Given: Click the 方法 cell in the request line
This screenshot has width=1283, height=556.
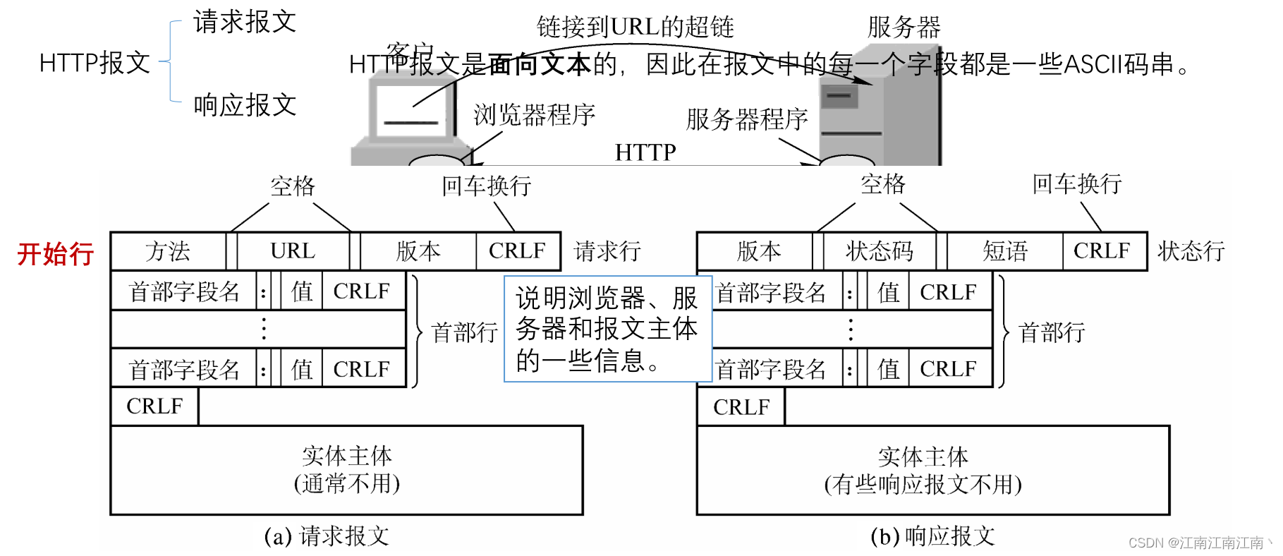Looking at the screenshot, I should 168,251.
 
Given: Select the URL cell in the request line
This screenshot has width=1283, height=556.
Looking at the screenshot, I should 293,251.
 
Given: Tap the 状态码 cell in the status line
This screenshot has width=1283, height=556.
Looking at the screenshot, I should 879,251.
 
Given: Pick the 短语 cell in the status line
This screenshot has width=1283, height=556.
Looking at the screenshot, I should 1005,251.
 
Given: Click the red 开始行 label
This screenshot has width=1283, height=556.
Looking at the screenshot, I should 56,254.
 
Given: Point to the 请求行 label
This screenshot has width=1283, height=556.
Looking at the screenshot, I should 607,251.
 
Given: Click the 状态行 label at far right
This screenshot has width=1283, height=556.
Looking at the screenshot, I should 1191,251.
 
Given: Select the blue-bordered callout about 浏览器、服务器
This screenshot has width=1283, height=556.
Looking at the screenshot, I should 607,329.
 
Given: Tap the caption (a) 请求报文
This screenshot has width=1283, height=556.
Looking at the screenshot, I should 327,536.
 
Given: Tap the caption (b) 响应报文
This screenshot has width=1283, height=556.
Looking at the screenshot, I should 932,536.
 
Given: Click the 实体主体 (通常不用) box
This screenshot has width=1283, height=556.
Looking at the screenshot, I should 346,470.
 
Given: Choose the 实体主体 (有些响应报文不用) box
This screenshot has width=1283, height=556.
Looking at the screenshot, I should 932,470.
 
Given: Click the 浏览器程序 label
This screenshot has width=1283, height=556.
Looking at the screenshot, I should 534,115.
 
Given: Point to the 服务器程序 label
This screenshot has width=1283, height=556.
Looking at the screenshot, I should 746,119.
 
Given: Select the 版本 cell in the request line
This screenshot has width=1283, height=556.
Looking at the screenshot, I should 418,251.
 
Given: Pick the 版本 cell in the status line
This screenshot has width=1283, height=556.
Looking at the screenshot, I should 758,251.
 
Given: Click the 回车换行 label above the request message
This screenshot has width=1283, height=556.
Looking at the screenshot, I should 486,186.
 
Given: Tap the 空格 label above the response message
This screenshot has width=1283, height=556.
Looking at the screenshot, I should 882,184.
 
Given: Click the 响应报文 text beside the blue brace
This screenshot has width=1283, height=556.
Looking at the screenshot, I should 245,106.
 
